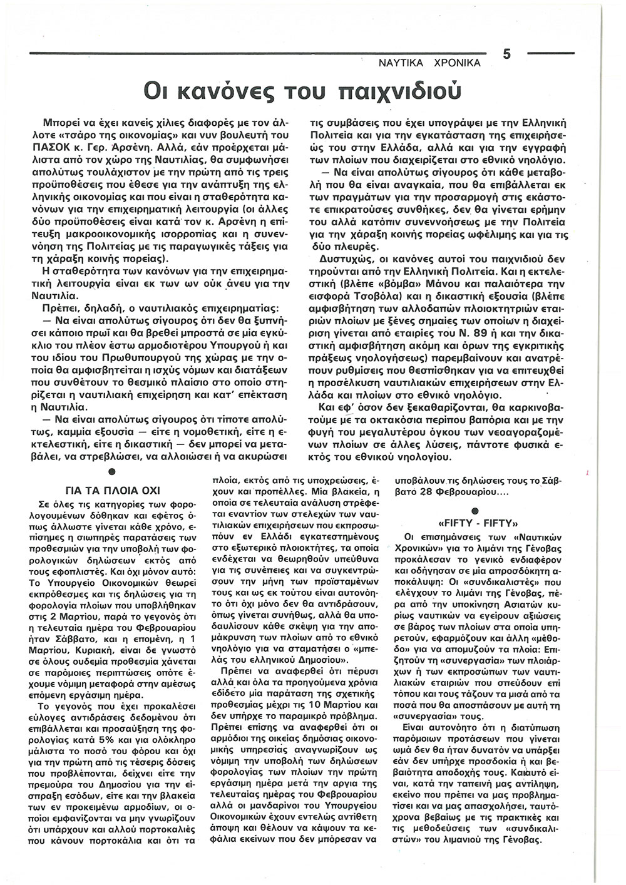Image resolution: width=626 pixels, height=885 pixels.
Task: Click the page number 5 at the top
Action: pyautogui.click(x=507, y=54)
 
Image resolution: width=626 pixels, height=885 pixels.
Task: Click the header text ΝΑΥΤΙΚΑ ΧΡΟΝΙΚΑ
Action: pyautogui.click(x=429, y=63)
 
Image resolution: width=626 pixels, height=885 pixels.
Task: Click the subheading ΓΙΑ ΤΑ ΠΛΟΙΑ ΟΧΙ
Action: pyautogui.click(x=110, y=489)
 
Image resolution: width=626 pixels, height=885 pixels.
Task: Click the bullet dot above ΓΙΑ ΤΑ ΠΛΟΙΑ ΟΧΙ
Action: pyautogui.click(x=111, y=471)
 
